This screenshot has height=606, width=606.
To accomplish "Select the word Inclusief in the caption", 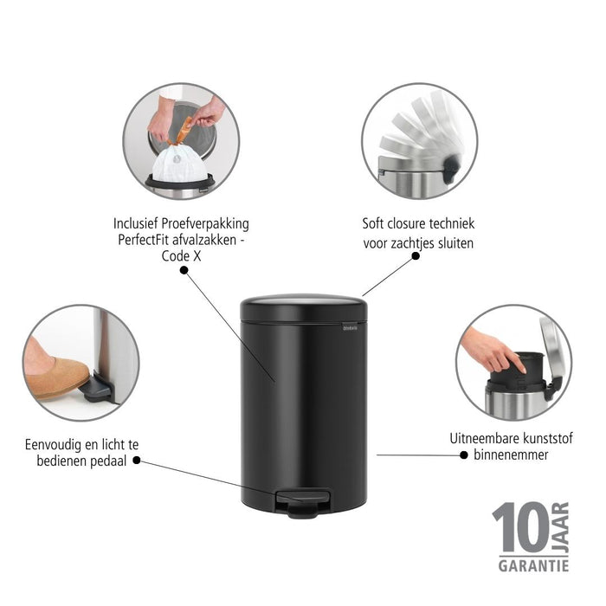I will [140, 222].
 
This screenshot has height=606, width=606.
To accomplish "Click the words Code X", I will [182, 254].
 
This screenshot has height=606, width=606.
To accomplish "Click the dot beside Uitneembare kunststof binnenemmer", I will [464, 454].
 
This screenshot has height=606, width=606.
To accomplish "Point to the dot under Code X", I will [184, 270].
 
